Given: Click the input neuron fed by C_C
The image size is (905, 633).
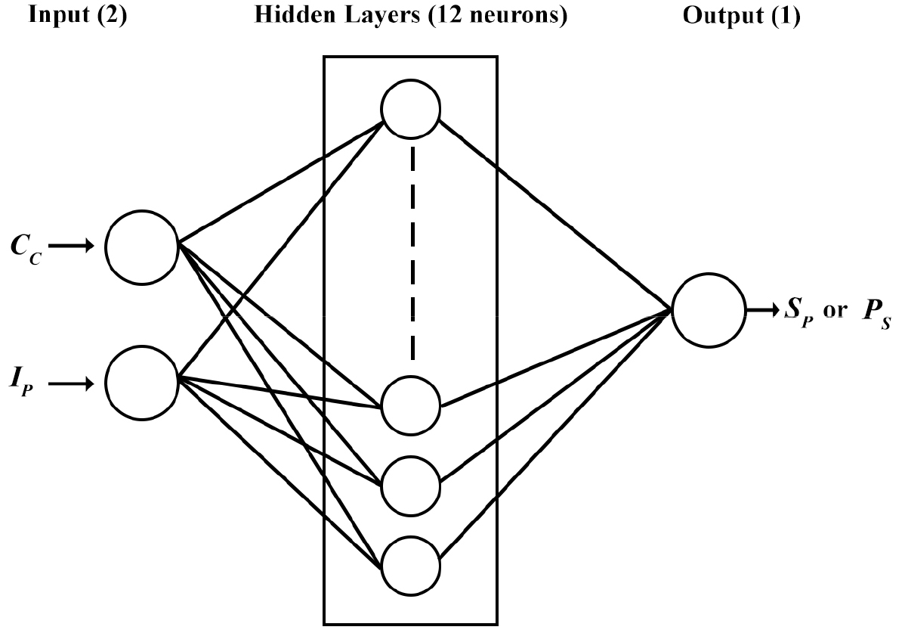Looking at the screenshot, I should coord(141,247).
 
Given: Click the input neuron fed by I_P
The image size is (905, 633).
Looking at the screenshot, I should coord(141,382).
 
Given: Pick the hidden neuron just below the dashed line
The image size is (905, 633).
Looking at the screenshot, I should coord(411,405).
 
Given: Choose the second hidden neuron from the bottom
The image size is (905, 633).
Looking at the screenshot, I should coord(411,485).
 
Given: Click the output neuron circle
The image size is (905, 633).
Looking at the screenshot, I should coord(706,310).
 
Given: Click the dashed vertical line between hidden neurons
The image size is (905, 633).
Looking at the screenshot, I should coord(412,253).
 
